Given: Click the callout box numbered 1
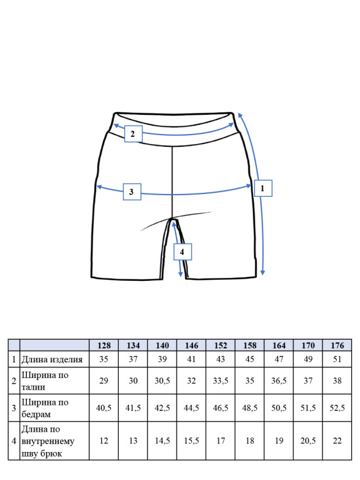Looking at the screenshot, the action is coord(263,188).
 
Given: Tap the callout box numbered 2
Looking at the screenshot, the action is coord(133,134).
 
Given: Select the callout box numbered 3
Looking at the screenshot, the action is coord(132,192).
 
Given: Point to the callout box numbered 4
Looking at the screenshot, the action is coord(182,252).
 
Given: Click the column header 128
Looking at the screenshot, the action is coord(104,345).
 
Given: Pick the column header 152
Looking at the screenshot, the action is coord(220,345).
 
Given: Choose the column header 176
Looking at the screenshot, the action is coord(337,345).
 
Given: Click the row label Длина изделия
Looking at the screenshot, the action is coord(52,359).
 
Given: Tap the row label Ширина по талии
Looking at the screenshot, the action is coord(45,381).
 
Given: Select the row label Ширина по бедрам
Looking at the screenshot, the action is coord(45,408).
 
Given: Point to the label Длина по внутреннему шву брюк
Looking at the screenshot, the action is coord(48,441).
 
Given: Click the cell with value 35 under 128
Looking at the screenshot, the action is coord(104,359).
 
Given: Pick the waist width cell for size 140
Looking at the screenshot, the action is coord(163,380).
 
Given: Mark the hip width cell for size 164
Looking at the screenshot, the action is coord(279,408).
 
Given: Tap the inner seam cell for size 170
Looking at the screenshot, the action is coord(308,440).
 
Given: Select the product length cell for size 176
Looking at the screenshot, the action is coord(337,359).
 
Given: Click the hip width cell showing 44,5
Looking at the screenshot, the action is coord(191,408).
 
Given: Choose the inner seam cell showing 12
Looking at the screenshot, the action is coord(104,440).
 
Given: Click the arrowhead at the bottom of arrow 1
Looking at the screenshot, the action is coord(262,273).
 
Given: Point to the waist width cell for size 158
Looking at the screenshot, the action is coord(250,380).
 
